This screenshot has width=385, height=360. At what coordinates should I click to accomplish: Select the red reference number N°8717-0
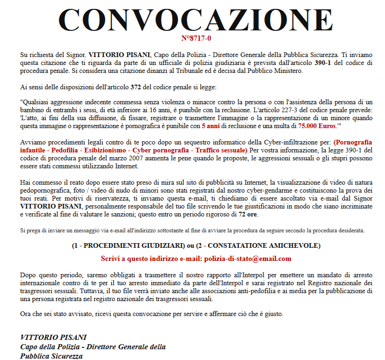(x=196, y=38)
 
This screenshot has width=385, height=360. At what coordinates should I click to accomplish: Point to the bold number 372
(x=136, y=87)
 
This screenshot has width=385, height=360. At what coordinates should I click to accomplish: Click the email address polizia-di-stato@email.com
(x=248, y=259)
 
